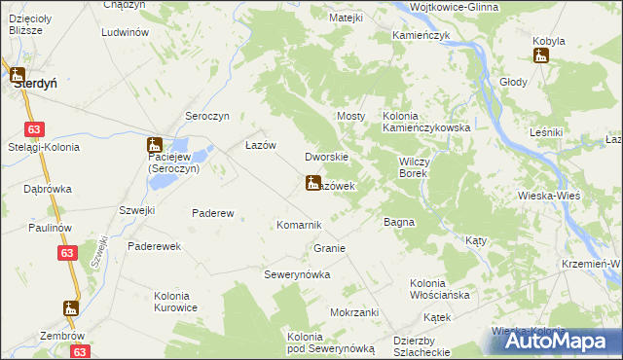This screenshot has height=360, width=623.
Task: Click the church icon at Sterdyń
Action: tap(18, 73)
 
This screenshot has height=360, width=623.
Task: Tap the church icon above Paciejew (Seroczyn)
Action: tap(154, 143)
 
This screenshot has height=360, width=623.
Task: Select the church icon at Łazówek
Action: tap(311, 182)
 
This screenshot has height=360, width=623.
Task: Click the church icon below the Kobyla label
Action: tap(541, 55)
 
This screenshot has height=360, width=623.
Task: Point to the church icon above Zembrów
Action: tap(68, 308)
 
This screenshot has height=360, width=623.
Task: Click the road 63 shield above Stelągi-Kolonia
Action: tap(35, 128)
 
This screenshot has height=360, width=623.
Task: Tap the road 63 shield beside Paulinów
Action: tap(65, 253)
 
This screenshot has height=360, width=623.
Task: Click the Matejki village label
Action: tap(346, 18)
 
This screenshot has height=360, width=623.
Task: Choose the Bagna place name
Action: tap(398, 222)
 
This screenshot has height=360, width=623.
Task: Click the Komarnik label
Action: tap(299, 225)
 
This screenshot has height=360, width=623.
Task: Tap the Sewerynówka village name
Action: tap(298, 274)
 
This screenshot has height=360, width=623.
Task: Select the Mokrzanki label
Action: tap(353, 312)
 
